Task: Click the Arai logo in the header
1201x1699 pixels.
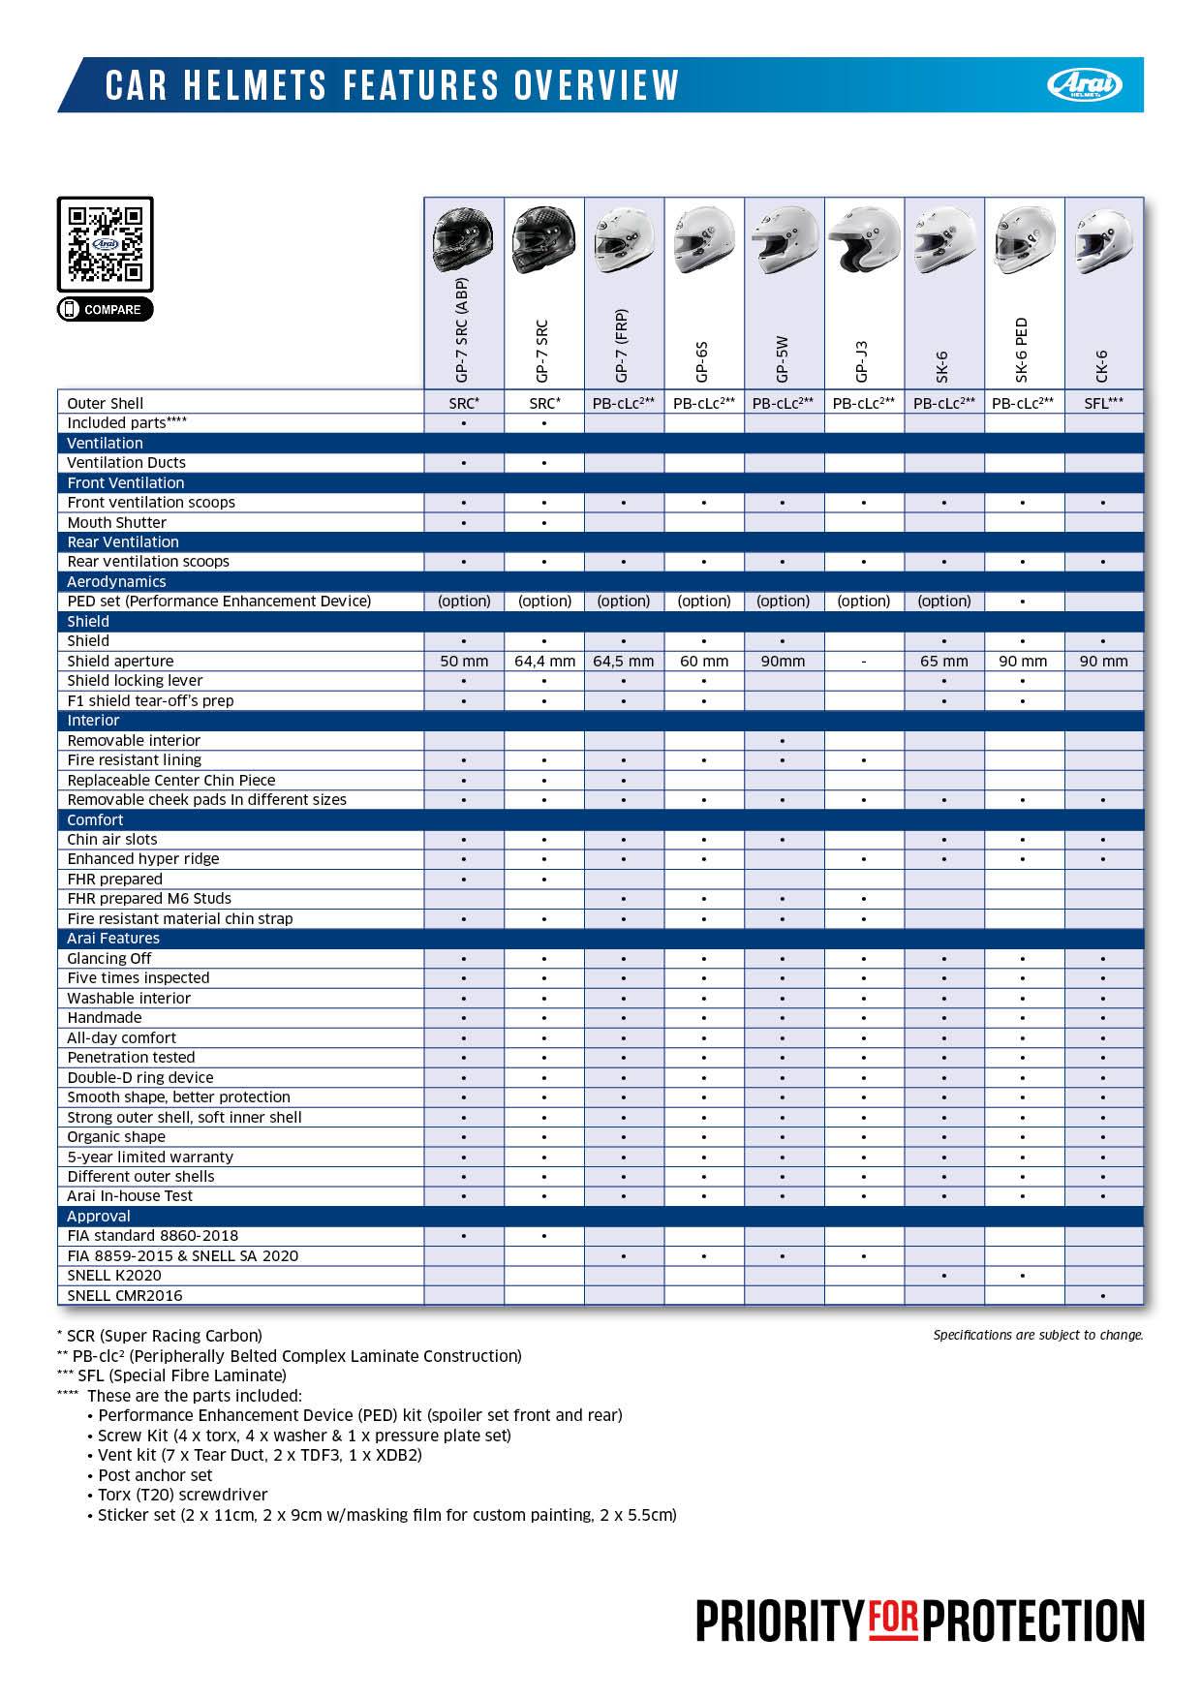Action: tap(1084, 85)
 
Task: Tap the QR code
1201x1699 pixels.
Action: tap(105, 243)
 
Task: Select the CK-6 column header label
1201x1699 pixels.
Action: tap(1103, 366)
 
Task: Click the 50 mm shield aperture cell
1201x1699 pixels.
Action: tap(464, 662)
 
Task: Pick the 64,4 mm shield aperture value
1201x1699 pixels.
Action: tap(544, 662)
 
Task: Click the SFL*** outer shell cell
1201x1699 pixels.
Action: tap(1103, 403)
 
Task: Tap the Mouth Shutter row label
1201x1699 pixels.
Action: tap(116, 522)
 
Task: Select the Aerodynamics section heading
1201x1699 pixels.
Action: tap(116, 581)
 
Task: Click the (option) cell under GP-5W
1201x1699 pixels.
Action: tap(783, 602)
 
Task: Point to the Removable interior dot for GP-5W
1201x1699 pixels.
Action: tap(783, 741)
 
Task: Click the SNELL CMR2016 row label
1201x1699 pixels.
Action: tap(124, 1295)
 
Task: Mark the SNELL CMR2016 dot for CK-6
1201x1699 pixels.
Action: tap(1103, 1296)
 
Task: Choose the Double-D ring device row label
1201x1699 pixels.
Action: tap(139, 1077)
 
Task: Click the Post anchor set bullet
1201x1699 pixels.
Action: tap(154, 1475)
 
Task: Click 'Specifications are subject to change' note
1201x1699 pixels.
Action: tap(1037, 1335)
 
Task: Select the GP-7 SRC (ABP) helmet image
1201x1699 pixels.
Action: tap(463, 241)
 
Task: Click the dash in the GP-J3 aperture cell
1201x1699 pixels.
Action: tap(863, 662)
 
